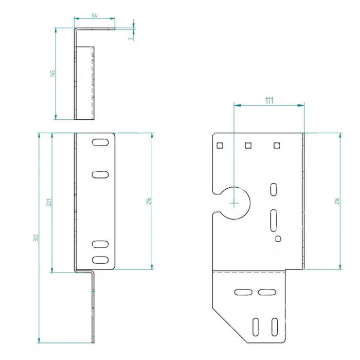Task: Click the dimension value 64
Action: (x=95, y=16)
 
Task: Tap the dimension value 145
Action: (x=52, y=74)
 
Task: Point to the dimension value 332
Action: (x=35, y=238)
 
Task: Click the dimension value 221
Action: (x=49, y=202)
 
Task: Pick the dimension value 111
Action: (x=268, y=100)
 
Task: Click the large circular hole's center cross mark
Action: (x=234, y=203)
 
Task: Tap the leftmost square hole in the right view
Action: (x=219, y=145)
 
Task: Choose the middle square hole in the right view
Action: (x=248, y=145)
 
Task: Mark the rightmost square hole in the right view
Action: (x=277, y=145)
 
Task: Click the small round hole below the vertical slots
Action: (x=278, y=239)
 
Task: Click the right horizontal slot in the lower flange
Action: (x=266, y=292)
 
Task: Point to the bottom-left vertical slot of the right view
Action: (x=256, y=326)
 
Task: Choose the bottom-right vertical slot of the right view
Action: (x=274, y=326)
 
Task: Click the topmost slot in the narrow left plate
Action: (x=100, y=142)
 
